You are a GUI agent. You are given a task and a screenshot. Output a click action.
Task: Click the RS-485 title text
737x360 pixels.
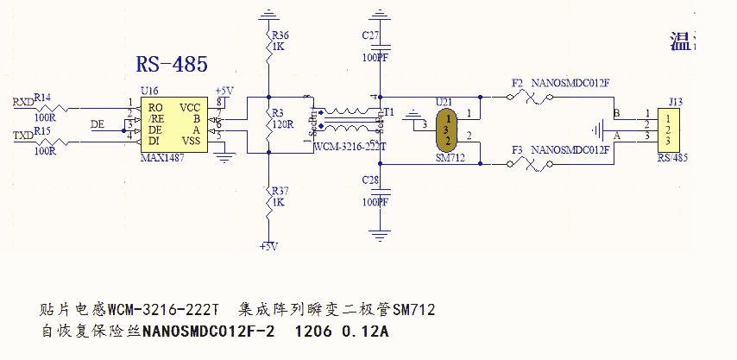(x=173, y=65)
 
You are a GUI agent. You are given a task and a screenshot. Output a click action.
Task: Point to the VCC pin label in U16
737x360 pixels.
(x=190, y=107)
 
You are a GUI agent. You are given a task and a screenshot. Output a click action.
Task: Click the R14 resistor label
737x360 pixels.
(x=42, y=97)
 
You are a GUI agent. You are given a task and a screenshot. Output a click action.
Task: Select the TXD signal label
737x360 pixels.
(x=23, y=136)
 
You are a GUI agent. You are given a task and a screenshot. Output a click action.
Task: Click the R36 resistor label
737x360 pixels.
(x=280, y=35)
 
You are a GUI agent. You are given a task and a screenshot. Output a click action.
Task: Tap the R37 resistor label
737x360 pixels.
(x=280, y=191)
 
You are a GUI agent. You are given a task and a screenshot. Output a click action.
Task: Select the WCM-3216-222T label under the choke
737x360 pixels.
(x=350, y=148)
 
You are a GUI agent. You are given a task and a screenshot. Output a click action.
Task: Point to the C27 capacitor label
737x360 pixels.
(x=371, y=35)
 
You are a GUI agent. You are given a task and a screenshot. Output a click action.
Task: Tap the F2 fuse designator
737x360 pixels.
(x=517, y=83)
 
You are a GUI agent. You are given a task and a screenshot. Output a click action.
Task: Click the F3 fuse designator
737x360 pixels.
(x=517, y=149)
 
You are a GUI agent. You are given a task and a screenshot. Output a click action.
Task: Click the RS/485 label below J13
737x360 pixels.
(x=672, y=158)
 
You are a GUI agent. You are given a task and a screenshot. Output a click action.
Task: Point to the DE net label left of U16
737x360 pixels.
(x=98, y=124)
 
